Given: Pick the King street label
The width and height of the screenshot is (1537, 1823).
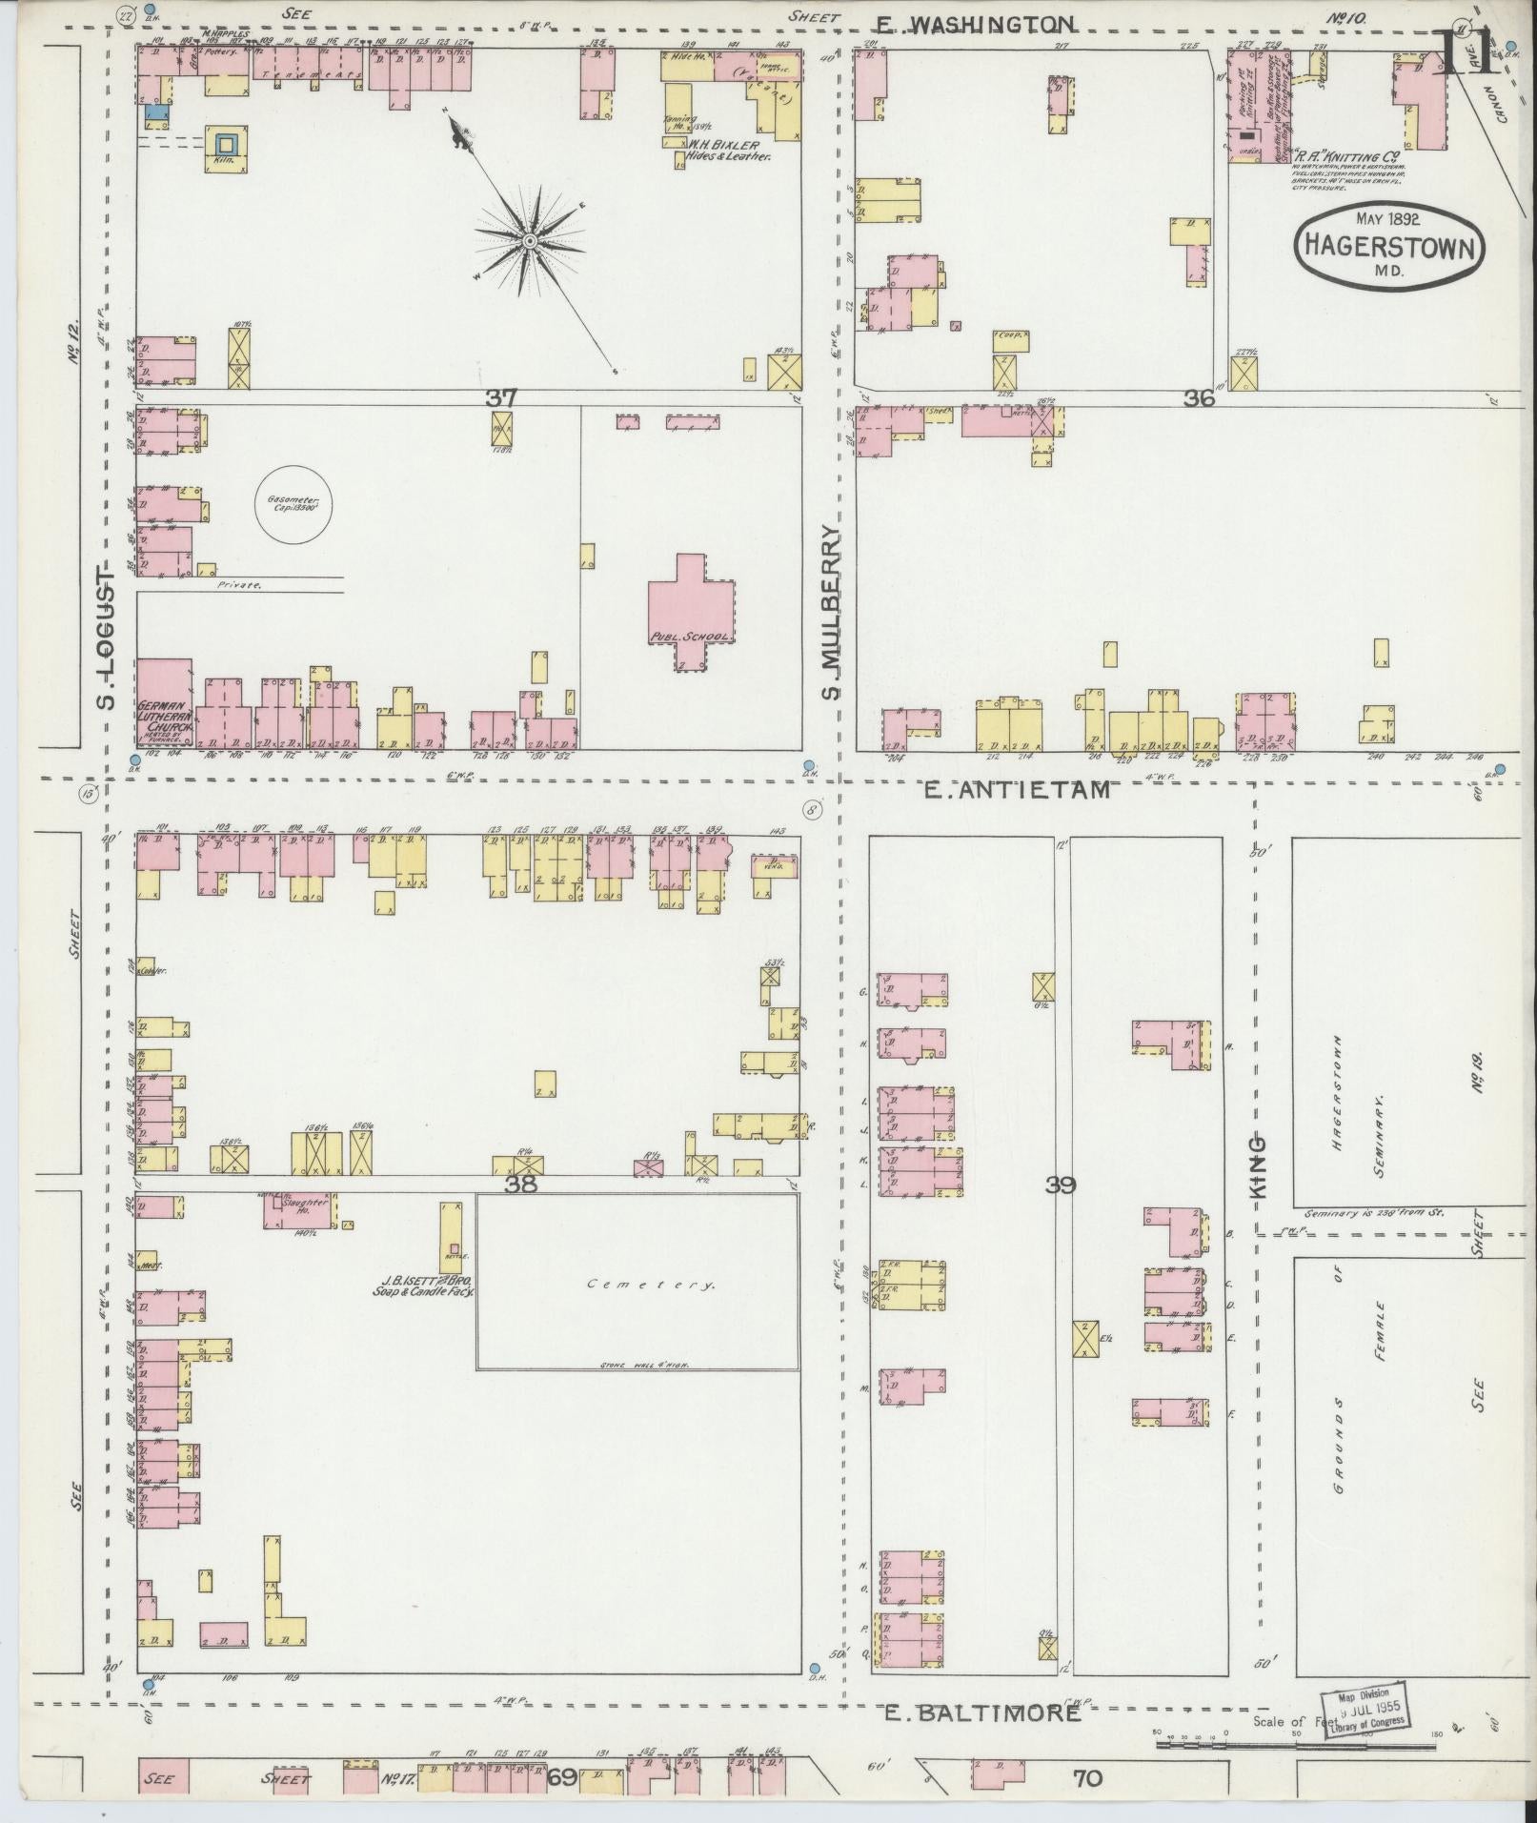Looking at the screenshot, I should pyautogui.click(x=1259, y=1166).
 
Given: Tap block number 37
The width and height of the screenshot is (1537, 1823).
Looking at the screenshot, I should pyautogui.click(x=500, y=396).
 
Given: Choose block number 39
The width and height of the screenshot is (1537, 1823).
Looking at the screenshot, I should pyautogui.click(x=1061, y=1185).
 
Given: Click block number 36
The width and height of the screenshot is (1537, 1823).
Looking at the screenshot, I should pyautogui.click(x=1198, y=399).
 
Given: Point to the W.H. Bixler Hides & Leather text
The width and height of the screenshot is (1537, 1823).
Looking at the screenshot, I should pyautogui.click(x=729, y=151).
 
